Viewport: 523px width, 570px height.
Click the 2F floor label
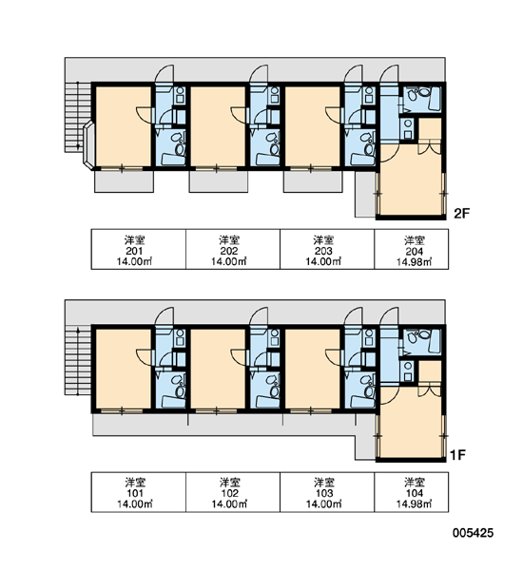point(461,214)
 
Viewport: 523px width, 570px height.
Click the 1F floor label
point(457,455)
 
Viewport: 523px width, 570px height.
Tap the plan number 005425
point(474,533)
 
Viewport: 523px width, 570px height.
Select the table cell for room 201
point(138,249)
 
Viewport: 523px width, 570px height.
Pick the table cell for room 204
point(411,249)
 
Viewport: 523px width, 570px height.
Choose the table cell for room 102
point(233,492)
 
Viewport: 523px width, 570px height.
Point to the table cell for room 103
point(327,492)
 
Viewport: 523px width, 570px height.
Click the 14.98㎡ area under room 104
point(415,504)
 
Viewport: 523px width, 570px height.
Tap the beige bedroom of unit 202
point(218,126)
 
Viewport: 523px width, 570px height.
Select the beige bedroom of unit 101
point(124,369)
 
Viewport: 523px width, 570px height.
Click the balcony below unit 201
point(124,181)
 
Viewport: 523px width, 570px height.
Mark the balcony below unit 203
point(313,181)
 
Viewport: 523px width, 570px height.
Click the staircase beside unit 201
point(78,117)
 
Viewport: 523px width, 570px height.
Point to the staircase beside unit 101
point(78,360)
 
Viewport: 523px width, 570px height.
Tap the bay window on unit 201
point(89,145)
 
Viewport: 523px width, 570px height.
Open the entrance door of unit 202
point(259,74)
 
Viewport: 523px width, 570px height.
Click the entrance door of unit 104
point(389,316)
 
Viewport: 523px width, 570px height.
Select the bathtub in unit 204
point(435,99)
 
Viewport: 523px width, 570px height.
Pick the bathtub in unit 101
point(173,402)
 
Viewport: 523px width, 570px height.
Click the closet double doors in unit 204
point(430,146)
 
